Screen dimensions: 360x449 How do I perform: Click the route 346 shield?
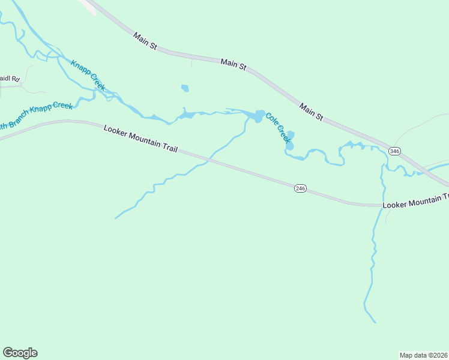coord(394,151)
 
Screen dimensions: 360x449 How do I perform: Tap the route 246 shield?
coord(300,188)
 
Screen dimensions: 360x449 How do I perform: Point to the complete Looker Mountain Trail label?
coord(140,139)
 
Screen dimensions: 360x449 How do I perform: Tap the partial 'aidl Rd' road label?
coord(10,79)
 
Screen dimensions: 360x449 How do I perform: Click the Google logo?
coord(20,353)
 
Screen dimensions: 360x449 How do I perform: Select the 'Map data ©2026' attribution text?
coord(423,355)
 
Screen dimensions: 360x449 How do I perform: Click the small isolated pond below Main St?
coord(185,89)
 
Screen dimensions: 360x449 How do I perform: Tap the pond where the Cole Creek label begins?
coord(259,116)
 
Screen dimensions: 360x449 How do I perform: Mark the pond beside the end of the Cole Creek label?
coord(291,140)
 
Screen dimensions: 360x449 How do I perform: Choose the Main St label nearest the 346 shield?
coord(312,112)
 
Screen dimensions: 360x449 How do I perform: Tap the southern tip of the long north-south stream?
coord(376,323)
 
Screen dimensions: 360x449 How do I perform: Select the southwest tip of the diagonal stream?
coord(115,218)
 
